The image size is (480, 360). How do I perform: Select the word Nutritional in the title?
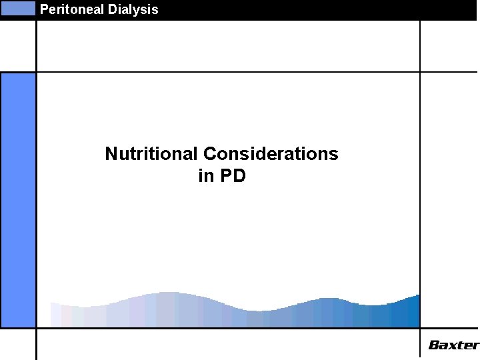tap(151, 154)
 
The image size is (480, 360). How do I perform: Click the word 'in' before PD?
tap(205, 177)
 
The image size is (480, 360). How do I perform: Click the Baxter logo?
tap(453, 345)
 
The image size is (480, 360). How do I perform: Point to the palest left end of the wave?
tap(57, 315)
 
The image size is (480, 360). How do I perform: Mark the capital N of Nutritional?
tap(111, 154)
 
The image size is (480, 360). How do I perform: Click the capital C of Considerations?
tap(209, 154)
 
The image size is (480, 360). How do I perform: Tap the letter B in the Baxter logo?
tap(434, 345)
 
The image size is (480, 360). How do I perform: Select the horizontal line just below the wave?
tap(227, 328)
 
